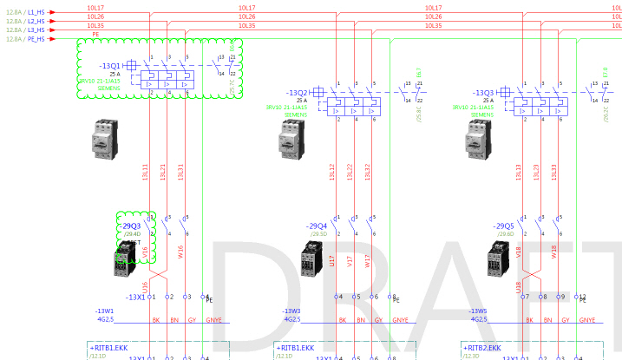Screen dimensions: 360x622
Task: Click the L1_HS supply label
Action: (x=36, y=12)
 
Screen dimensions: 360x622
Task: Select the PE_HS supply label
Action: (x=36, y=39)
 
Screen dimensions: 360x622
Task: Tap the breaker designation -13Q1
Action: (x=110, y=65)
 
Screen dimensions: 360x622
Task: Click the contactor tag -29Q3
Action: (x=131, y=226)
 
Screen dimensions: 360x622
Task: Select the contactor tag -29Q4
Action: (x=318, y=226)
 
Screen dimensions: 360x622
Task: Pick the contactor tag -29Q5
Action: (x=504, y=226)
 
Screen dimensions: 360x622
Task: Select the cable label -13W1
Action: (x=105, y=310)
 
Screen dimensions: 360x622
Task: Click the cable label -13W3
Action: (x=291, y=310)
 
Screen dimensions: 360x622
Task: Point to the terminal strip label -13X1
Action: (x=135, y=297)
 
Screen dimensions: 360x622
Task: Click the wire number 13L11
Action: (x=146, y=173)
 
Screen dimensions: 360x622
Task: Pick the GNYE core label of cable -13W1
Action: (x=213, y=319)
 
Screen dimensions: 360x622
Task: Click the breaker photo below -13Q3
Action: (x=476, y=137)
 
